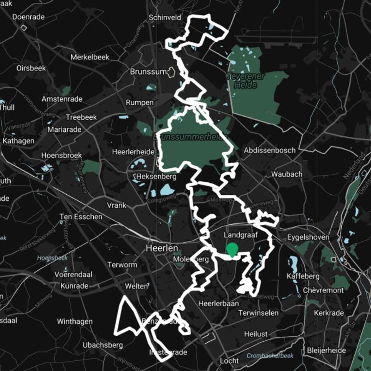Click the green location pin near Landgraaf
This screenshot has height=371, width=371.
click(x=232, y=249)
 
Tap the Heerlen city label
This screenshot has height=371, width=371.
click(x=159, y=248)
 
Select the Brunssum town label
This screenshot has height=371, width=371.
click(x=147, y=72)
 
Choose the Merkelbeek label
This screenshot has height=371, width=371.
click(x=90, y=57)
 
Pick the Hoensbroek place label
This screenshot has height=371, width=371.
click(x=61, y=155)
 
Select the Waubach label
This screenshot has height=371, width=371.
click(x=287, y=174)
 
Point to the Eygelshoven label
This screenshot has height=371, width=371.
click(x=308, y=237)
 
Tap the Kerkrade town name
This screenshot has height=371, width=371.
click(x=329, y=313)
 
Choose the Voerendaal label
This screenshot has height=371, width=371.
click(x=73, y=275)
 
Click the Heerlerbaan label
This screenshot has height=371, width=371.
click(x=218, y=303)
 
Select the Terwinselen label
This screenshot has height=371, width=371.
click(x=259, y=313)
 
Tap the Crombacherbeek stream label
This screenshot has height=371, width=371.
click(x=270, y=356)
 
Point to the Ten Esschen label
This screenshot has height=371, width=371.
click(x=81, y=217)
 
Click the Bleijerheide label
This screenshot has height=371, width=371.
click(x=326, y=351)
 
